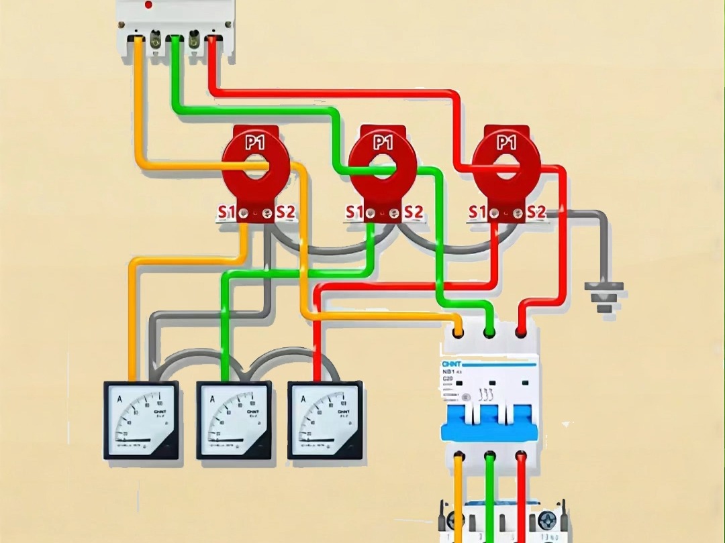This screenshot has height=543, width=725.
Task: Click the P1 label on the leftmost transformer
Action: click(x=255, y=142)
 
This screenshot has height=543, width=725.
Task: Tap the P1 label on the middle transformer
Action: click(x=383, y=142)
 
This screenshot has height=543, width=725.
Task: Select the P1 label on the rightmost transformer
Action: click(x=506, y=142)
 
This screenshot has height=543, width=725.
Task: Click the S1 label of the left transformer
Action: click(x=226, y=213)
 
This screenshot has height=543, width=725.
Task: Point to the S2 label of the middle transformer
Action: click(x=414, y=213)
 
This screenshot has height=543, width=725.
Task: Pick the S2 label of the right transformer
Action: click(x=536, y=213)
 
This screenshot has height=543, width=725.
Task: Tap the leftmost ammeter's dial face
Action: click(x=141, y=420)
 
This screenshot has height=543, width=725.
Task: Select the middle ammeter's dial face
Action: click(x=234, y=420)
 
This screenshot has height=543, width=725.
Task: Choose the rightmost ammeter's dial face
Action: click(x=325, y=420)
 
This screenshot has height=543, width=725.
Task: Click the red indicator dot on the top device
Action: click(x=148, y=5)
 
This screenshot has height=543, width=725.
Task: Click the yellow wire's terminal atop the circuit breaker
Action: click(x=459, y=331)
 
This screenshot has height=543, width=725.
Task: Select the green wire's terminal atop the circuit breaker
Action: click(x=490, y=331)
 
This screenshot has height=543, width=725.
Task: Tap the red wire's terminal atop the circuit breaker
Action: click(x=520, y=331)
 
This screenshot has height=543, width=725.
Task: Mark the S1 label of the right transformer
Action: click(x=477, y=213)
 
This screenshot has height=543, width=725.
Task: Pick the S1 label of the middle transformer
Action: click(x=354, y=213)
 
